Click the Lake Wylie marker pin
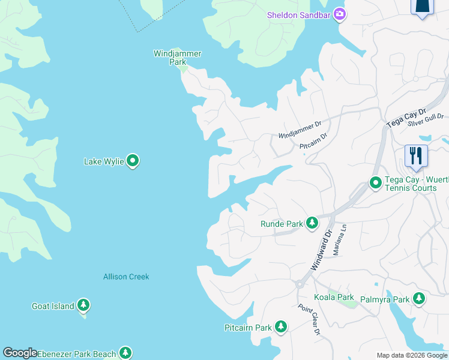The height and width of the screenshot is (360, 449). (x=133, y=161)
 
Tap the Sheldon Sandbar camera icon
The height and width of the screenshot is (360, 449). (x=340, y=14)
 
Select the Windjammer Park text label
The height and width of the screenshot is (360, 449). (x=177, y=58)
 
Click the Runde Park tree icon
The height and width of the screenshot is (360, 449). (x=312, y=224)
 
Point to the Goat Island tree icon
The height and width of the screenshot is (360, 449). (x=83, y=306)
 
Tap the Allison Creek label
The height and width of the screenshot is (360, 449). (x=126, y=277)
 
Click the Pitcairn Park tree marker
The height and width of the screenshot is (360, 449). (x=280, y=327)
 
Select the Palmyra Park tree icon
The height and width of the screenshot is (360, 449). (x=418, y=298)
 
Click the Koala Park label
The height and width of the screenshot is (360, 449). (x=334, y=297)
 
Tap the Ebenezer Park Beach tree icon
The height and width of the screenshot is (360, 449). (x=125, y=353)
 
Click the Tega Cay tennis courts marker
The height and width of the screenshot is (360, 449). (x=375, y=182)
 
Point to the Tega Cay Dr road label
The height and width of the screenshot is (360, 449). (x=405, y=117)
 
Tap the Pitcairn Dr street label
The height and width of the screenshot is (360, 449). (x=313, y=141)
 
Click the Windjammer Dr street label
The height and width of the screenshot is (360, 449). (x=300, y=130)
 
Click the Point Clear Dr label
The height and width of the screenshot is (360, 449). (x=310, y=320)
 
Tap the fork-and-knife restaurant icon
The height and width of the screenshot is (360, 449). (x=415, y=156)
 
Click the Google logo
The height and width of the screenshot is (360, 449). (x=20, y=353)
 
